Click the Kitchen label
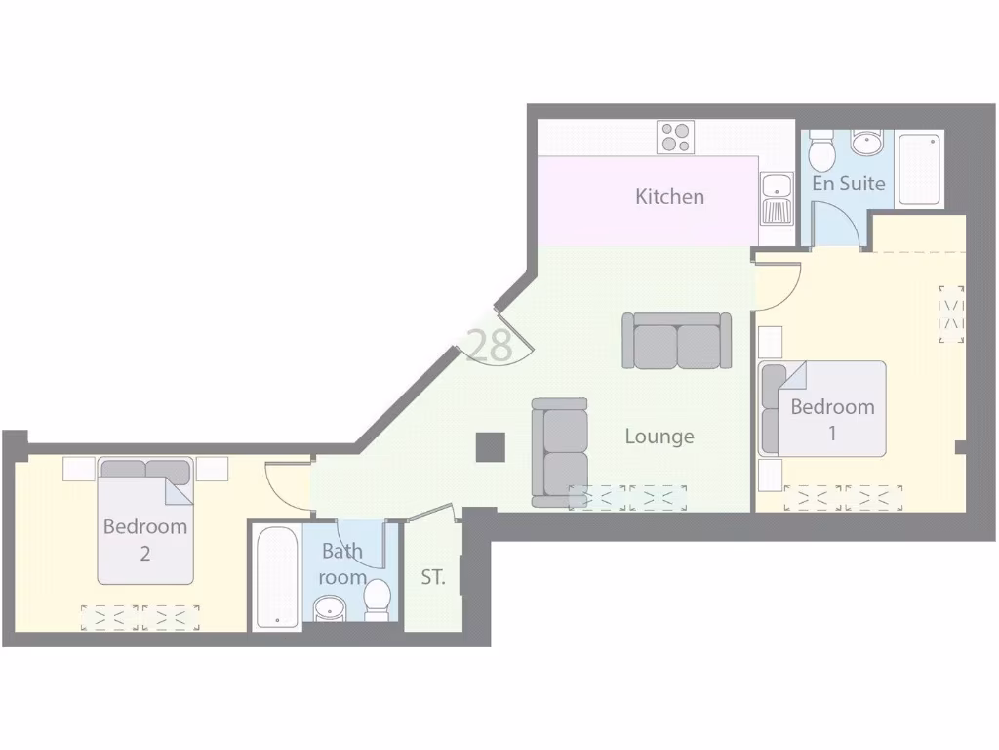669,196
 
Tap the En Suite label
849,183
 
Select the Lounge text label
659,436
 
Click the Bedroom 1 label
832,419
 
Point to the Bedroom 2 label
144,539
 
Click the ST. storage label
433,577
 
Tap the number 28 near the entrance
490,346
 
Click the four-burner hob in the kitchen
675,137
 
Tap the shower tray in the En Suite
920,169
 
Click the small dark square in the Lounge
490,447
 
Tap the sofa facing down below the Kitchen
677,341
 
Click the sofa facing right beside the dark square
560,452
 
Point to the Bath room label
342,563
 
